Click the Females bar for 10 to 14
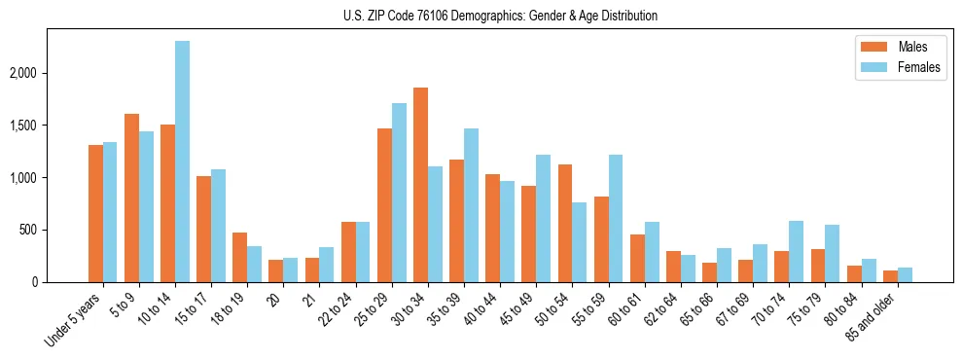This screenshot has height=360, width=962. (x=183, y=162)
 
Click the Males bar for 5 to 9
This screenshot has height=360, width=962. (x=131, y=198)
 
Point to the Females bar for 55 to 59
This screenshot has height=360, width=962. (x=616, y=219)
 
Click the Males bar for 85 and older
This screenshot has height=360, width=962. (x=890, y=276)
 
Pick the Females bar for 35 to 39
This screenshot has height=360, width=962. (x=471, y=205)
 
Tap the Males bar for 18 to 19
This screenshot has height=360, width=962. (x=239, y=258)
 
